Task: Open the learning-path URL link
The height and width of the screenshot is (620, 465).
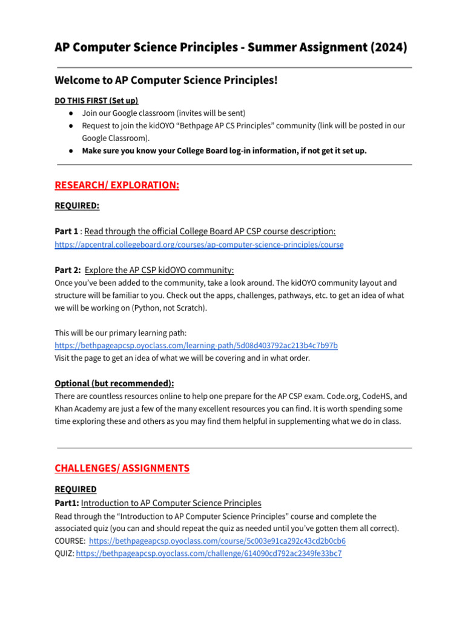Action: click(196, 345)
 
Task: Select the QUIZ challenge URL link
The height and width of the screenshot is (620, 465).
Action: click(209, 553)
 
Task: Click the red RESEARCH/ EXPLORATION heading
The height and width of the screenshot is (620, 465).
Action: click(117, 185)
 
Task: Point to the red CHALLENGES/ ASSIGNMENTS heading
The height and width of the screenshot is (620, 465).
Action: click(122, 468)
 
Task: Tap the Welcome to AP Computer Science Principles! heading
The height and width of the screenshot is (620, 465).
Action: click(166, 80)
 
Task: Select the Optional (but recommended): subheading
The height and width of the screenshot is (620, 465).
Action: click(114, 383)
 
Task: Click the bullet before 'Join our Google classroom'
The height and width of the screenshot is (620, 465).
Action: click(71, 113)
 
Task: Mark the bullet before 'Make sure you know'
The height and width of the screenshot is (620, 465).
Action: click(71, 151)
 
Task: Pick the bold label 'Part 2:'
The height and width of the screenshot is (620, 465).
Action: click(67, 269)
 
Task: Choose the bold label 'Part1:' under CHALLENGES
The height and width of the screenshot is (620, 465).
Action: click(67, 503)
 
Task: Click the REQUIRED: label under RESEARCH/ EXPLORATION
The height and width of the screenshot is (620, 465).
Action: click(77, 206)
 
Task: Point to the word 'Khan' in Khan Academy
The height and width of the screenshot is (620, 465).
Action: click(65, 409)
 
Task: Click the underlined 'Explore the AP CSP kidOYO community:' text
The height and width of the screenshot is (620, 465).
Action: click(159, 269)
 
